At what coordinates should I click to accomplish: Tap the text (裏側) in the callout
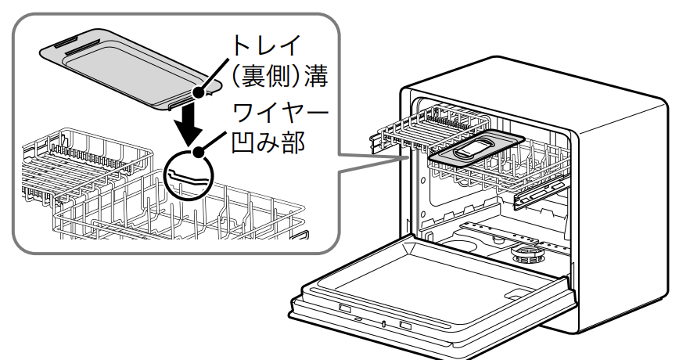pyautogui.click(x=258, y=77)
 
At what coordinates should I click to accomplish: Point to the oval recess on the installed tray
pyautogui.click(x=475, y=146)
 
